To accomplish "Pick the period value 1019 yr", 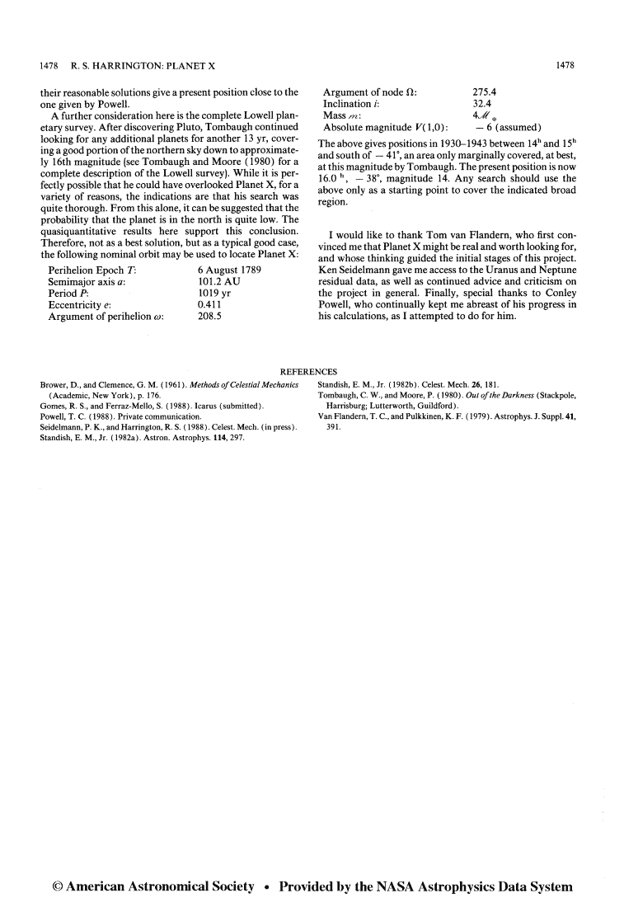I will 213,293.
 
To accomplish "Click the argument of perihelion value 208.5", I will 212,316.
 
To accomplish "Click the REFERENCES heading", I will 311,372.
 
